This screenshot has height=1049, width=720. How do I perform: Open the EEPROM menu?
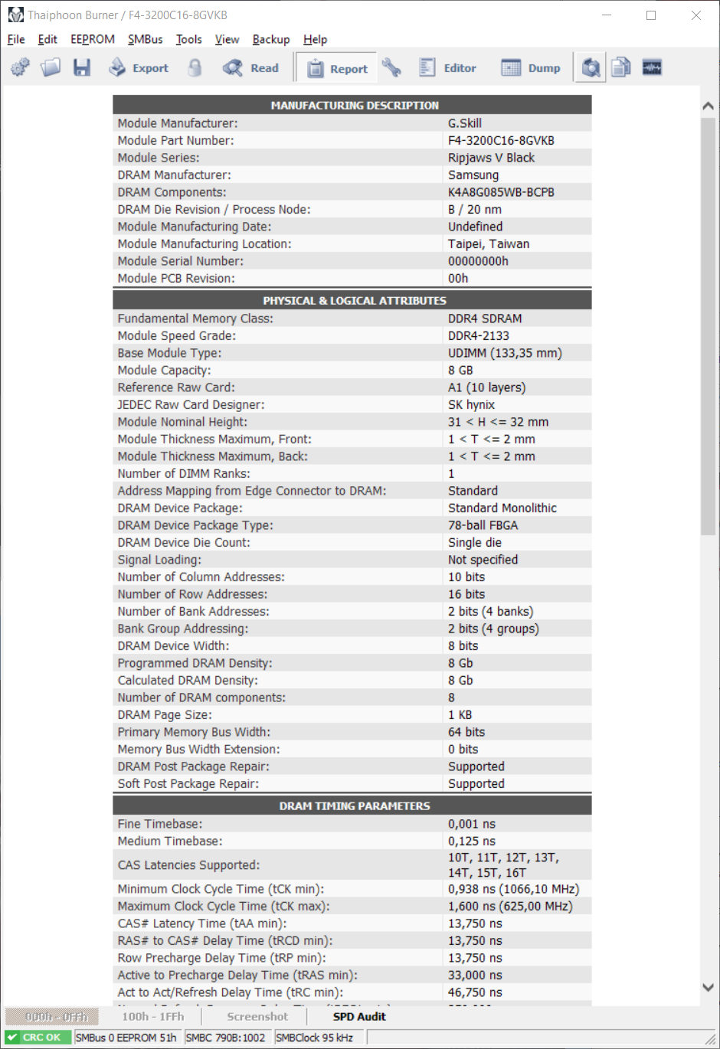tap(92, 40)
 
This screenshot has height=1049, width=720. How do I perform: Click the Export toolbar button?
tap(139, 68)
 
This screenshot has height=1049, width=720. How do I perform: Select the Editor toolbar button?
tap(448, 68)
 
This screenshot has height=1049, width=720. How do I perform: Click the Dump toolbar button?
tap(531, 68)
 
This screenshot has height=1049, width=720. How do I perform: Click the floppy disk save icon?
tap(82, 68)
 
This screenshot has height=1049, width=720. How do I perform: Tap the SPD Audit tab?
tap(358, 1017)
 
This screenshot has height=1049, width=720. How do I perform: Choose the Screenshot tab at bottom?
tap(257, 1017)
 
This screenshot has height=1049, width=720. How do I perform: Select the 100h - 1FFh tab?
tap(153, 1017)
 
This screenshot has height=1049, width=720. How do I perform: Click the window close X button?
tap(695, 15)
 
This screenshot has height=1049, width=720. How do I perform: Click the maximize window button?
tap(651, 15)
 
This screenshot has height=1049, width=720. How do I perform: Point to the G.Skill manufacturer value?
tap(465, 123)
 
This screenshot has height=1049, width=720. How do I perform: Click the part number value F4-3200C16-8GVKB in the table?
tap(501, 141)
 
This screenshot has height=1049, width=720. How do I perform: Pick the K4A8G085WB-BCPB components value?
tap(501, 192)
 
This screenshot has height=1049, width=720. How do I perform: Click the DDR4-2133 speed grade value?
tap(479, 336)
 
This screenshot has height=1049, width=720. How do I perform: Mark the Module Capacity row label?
tap(164, 371)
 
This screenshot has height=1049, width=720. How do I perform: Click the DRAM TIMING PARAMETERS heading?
tap(354, 806)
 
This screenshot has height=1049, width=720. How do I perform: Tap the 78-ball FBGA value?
tap(483, 525)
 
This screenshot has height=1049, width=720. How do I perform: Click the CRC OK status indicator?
tap(39, 1038)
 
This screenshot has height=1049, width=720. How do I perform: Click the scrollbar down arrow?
tap(708, 988)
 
